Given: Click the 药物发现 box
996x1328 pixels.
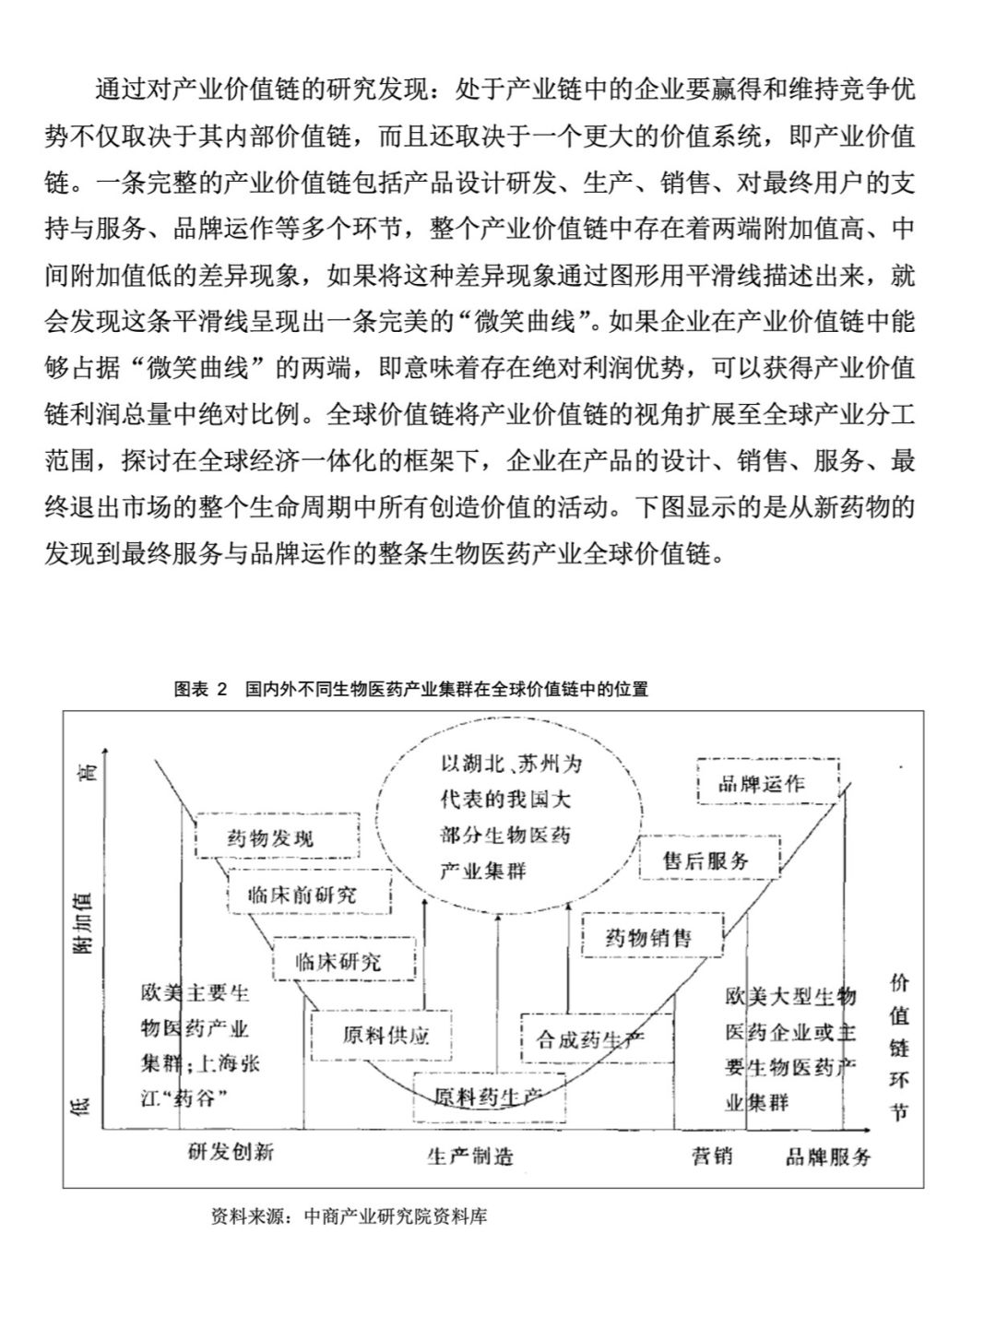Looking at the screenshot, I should (x=277, y=837).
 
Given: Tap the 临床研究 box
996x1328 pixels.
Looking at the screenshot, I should (x=344, y=961).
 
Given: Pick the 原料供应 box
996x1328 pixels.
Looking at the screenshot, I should (x=385, y=1035).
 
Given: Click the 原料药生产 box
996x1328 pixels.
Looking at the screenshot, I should (x=489, y=1097).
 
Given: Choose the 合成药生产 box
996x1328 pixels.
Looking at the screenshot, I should (x=596, y=1039).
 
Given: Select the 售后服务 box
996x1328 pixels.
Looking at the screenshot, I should (x=709, y=860).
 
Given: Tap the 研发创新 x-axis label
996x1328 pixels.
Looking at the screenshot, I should (x=231, y=1152).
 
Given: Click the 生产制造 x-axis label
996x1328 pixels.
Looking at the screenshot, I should (x=469, y=1156).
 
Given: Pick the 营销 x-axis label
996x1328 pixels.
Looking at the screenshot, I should (x=712, y=1155).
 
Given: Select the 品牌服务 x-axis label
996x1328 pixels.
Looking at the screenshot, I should (x=828, y=1156).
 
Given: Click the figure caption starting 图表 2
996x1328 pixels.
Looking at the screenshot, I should (x=411, y=689).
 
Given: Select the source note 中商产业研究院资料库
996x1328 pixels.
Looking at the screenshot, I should (x=349, y=1216).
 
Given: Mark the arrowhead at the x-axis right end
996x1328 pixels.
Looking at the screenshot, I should (x=867, y=1128).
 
